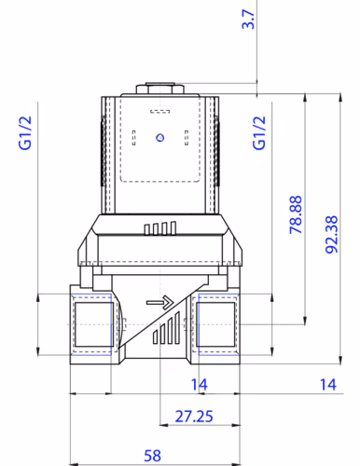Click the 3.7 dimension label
pyautogui.click(x=248, y=20)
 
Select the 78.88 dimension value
pyautogui.click(x=296, y=214)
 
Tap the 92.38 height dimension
pyautogui.click(x=331, y=235)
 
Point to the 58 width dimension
pyautogui.click(x=152, y=456)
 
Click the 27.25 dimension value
pyautogui.click(x=194, y=417)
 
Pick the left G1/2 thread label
pyautogui.click(x=25, y=133)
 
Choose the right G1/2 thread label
pyautogui.click(x=259, y=133)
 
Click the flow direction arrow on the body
pyautogui.click(x=159, y=302)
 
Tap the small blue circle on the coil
pyautogui.click(x=159, y=137)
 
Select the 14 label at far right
pyautogui.click(x=328, y=385)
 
